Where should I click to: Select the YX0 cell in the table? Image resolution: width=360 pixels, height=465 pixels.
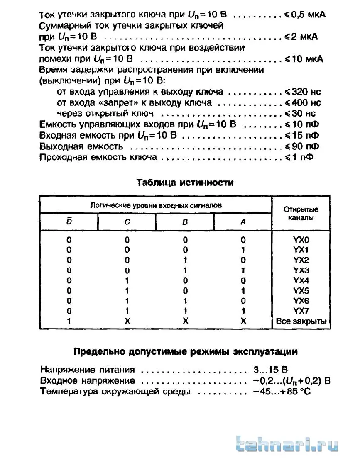click(x=301, y=239)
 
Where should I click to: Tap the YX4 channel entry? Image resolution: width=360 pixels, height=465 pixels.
click(x=301, y=280)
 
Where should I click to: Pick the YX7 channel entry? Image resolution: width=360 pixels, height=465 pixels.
click(x=301, y=311)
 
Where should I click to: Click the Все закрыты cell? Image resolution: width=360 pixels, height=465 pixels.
click(x=301, y=321)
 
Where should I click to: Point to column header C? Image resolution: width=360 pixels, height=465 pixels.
click(x=127, y=222)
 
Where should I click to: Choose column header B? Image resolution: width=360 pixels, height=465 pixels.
click(x=185, y=222)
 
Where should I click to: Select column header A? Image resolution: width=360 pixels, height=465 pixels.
click(x=243, y=222)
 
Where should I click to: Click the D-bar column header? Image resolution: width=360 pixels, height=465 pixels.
click(x=69, y=222)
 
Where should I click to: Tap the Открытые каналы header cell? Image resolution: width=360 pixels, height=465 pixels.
click(x=301, y=213)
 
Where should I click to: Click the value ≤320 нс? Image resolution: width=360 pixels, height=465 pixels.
click(x=303, y=92)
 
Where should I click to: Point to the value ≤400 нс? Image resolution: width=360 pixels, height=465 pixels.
click(x=303, y=102)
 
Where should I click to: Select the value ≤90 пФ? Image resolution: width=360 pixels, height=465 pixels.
click(x=302, y=146)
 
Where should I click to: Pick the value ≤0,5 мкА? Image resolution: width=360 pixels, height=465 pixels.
click(x=305, y=15)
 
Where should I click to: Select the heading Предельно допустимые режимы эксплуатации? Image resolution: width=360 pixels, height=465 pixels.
click(x=185, y=352)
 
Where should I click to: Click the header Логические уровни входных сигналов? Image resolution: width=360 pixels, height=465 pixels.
click(x=156, y=205)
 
